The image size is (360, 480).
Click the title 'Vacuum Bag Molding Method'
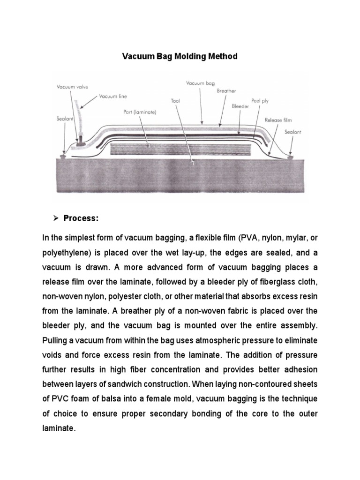pos(180,57)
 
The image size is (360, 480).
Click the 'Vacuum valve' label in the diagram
pos(72,87)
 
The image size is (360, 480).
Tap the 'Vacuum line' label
pos(112,97)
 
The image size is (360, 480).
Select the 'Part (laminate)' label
pos(137,112)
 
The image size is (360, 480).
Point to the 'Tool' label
pos(176,100)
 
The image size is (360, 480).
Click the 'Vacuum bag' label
pos(200,83)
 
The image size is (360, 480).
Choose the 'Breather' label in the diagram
pos(226,91)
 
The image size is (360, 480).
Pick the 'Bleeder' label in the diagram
pos(240,106)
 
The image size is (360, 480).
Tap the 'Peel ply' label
pos(260,100)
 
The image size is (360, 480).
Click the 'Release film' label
pos(278,120)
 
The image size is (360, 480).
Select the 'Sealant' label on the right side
pos(293,132)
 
